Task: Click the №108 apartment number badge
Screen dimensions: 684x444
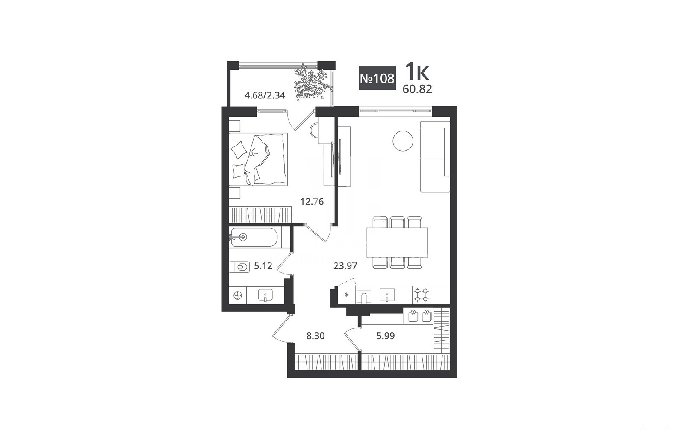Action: tap(377, 78)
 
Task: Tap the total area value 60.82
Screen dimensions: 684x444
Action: tap(417, 89)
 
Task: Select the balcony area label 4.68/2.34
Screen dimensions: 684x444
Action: tap(265, 96)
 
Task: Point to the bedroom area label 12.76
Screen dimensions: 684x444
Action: tap(312, 202)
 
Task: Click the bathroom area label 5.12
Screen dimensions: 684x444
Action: tap(263, 266)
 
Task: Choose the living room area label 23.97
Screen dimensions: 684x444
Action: tap(345, 266)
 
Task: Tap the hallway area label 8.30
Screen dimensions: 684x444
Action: tap(315, 336)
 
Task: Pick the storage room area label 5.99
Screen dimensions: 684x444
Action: tap(385, 336)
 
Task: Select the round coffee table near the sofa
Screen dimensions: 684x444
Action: tap(403, 141)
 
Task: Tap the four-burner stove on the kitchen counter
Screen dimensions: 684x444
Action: tap(422, 295)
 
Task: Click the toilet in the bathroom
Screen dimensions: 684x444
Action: tap(240, 267)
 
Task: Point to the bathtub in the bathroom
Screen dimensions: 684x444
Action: tap(254, 237)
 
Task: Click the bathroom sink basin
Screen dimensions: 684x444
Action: tap(265, 295)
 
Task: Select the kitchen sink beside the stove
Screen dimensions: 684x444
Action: tap(387, 295)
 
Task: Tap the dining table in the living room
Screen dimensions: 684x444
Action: tap(397, 242)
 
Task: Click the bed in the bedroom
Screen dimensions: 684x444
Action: tap(258, 159)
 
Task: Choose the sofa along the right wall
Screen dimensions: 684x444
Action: tap(435, 157)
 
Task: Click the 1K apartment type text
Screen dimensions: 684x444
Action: tap(417, 72)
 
